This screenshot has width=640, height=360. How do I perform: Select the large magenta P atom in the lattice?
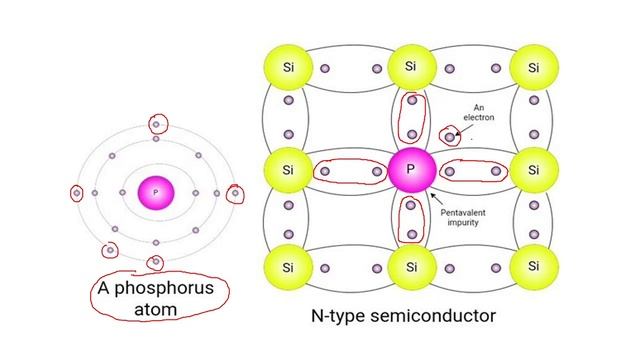pyautogui.click(x=410, y=169)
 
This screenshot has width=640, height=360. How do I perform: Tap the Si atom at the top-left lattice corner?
pyautogui.click(x=287, y=67)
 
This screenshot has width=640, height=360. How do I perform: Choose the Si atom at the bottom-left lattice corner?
pyautogui.click(x=287, y=268)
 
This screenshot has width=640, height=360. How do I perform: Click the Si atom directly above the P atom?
pyautogui.click(x=410, y=67)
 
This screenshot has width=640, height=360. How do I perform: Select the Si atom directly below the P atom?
pyautogui.click(x=410, y=268)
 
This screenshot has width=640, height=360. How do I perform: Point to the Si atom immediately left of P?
pyautogui.click(x=287, y=169)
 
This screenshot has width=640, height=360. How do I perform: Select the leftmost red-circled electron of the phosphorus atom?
pyautogui.click(x=77, y=193)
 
